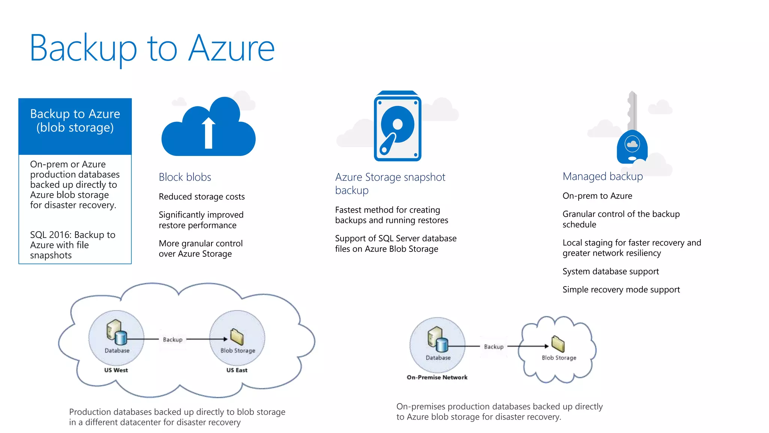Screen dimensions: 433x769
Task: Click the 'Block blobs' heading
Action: [185, 177]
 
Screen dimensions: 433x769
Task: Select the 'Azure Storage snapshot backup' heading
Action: [390, 183]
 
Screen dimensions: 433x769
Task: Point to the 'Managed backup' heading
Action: [602, 176]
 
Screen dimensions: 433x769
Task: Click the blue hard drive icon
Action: [397, 126]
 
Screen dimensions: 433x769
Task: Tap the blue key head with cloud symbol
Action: [632, 147]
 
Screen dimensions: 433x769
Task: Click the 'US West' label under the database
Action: [116, 370]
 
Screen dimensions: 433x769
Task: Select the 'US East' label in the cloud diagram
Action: [237, 370]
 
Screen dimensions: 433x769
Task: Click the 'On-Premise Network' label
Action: [437, 377]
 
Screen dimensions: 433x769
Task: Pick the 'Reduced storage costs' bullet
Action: [202, 197]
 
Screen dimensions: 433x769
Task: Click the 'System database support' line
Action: [611, 271]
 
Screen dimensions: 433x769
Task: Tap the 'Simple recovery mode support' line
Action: [621, 289]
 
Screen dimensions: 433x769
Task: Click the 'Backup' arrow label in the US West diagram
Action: [173, 339]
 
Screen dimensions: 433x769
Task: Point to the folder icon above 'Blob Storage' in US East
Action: [237, 337]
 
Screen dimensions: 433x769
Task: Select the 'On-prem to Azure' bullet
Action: [597, 196]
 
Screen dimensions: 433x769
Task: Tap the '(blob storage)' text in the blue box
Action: [75, 128]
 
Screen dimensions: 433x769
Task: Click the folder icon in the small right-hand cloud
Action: [558, 344]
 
